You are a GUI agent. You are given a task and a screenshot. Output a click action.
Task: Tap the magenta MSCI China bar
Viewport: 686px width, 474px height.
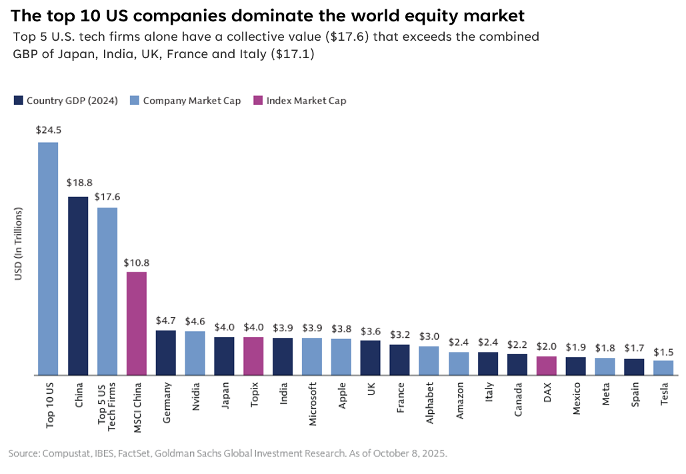tap(137, 323)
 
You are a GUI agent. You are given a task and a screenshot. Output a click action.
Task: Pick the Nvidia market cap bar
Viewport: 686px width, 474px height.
tap(195, 353)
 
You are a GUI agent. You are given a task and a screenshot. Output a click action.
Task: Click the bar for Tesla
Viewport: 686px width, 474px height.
tap(663, 368)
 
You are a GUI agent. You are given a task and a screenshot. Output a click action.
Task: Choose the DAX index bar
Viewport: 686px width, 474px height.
tap(547, 366)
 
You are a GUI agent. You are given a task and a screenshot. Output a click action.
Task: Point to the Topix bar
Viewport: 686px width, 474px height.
tap(253, 356)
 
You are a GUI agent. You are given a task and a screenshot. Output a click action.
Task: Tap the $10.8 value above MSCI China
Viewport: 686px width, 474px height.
tap(136, 262)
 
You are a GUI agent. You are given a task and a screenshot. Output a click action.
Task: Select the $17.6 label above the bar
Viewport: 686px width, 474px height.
tap(107, 197)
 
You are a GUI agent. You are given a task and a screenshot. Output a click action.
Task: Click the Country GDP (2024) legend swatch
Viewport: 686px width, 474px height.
tap(19, 101)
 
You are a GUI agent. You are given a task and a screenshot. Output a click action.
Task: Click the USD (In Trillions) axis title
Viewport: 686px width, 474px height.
tap(19, 244)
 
